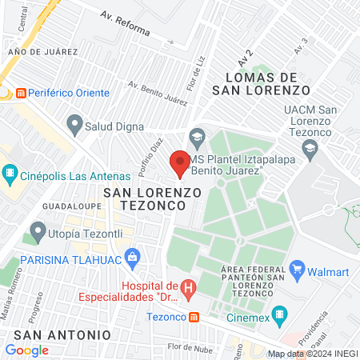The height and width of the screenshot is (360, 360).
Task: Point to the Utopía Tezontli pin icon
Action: [x=36, y=233]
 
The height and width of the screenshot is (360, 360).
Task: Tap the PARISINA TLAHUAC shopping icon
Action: [x=134, y=259]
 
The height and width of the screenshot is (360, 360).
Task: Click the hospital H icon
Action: [x=188, y=286]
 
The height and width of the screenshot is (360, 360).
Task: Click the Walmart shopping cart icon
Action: [x=298, y=270]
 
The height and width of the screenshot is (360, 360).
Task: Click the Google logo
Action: [x=26, y=350]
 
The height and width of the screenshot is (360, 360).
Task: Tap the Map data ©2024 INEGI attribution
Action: [x=312, y=354]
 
